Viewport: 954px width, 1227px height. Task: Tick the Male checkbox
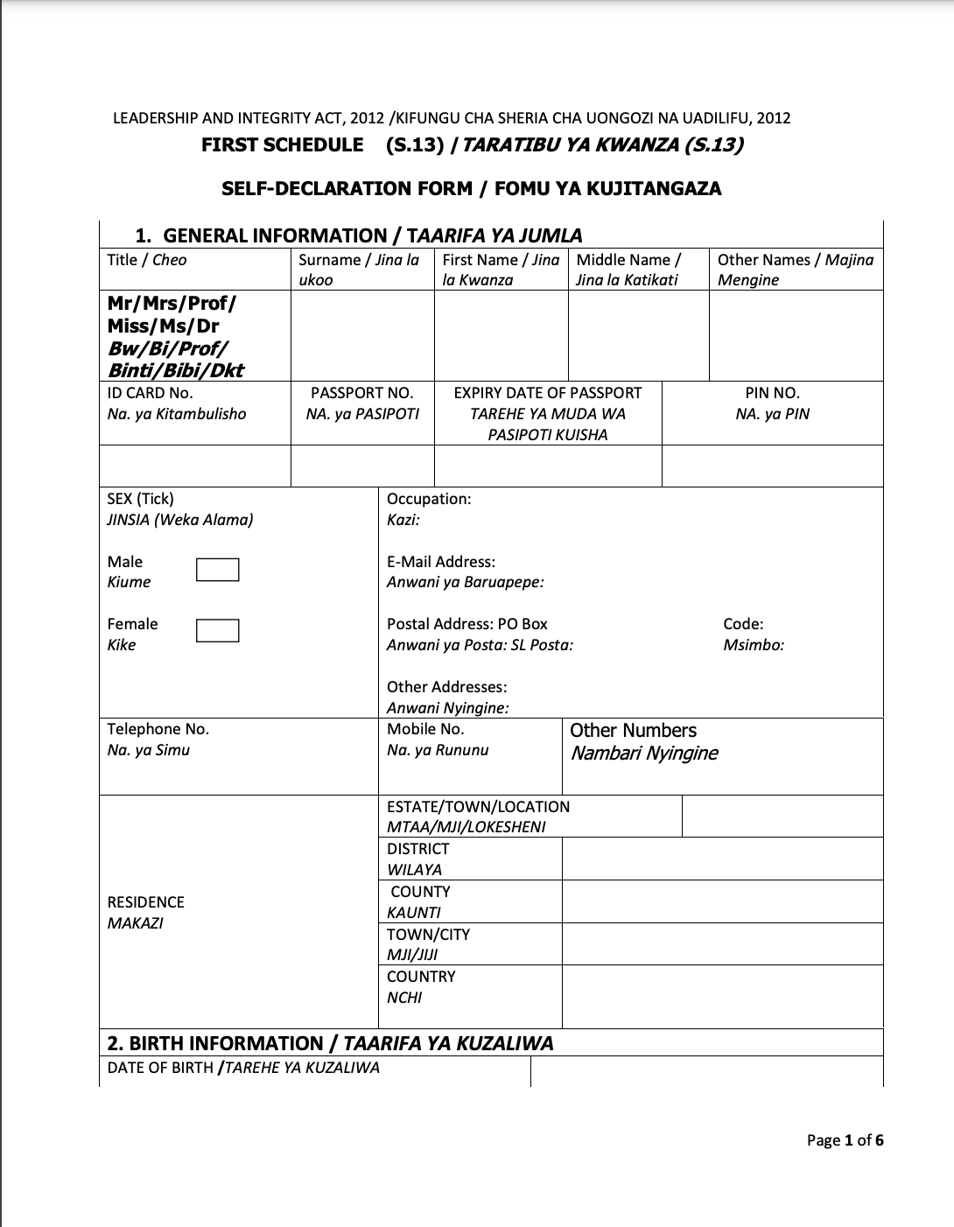point(217,570)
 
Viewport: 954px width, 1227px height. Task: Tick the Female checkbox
point(217,631)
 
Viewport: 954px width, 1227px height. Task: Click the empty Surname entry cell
point(362,335)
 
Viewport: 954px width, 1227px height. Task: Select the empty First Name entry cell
point(501,335)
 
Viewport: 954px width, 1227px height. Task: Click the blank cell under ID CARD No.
point(195,466)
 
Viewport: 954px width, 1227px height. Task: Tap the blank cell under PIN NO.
point(772,466)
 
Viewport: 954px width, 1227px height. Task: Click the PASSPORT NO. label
point(361,394)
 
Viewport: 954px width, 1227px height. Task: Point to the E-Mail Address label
point(441,562)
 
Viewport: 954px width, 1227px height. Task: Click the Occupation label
point(429,499)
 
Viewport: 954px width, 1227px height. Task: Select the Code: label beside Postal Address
point(743,624)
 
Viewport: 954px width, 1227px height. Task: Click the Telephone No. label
point(158,729)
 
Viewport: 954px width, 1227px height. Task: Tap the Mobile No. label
point(425,729)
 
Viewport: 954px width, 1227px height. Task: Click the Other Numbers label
point(633,731)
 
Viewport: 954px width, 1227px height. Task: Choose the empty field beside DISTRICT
point(722,859)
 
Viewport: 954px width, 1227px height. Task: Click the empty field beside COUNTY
point(722,901)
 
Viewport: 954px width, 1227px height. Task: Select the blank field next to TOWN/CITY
point(722,943)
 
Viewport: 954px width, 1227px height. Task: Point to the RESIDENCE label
point(146,902)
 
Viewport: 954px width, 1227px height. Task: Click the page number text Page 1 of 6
point(845,1139)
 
